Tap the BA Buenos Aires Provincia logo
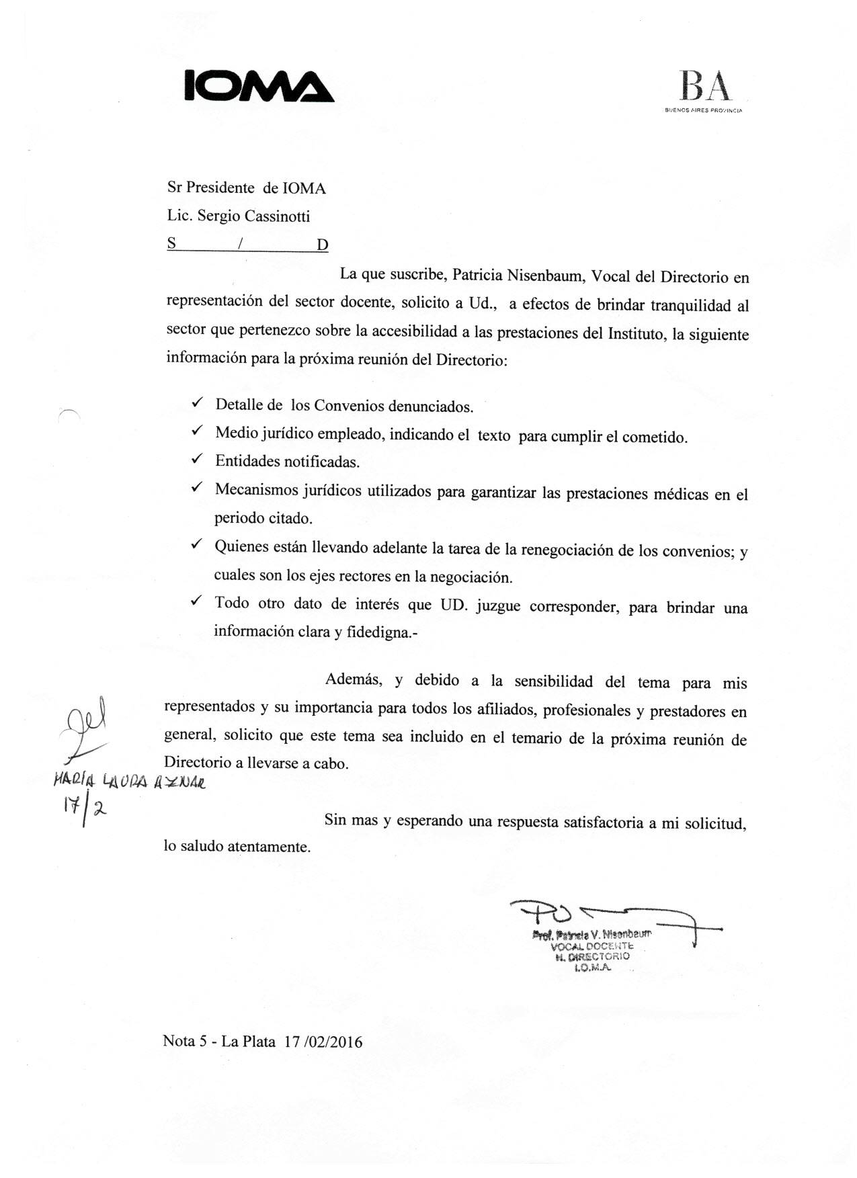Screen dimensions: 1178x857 (x=704, y=92)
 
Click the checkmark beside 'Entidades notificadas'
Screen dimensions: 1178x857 (x=197, y=460)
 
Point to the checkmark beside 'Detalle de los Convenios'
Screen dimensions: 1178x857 (x=197, y=403)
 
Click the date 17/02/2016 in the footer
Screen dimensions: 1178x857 (x=323, y=1042)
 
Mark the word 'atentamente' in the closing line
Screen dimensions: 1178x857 (x=269, y=847)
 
